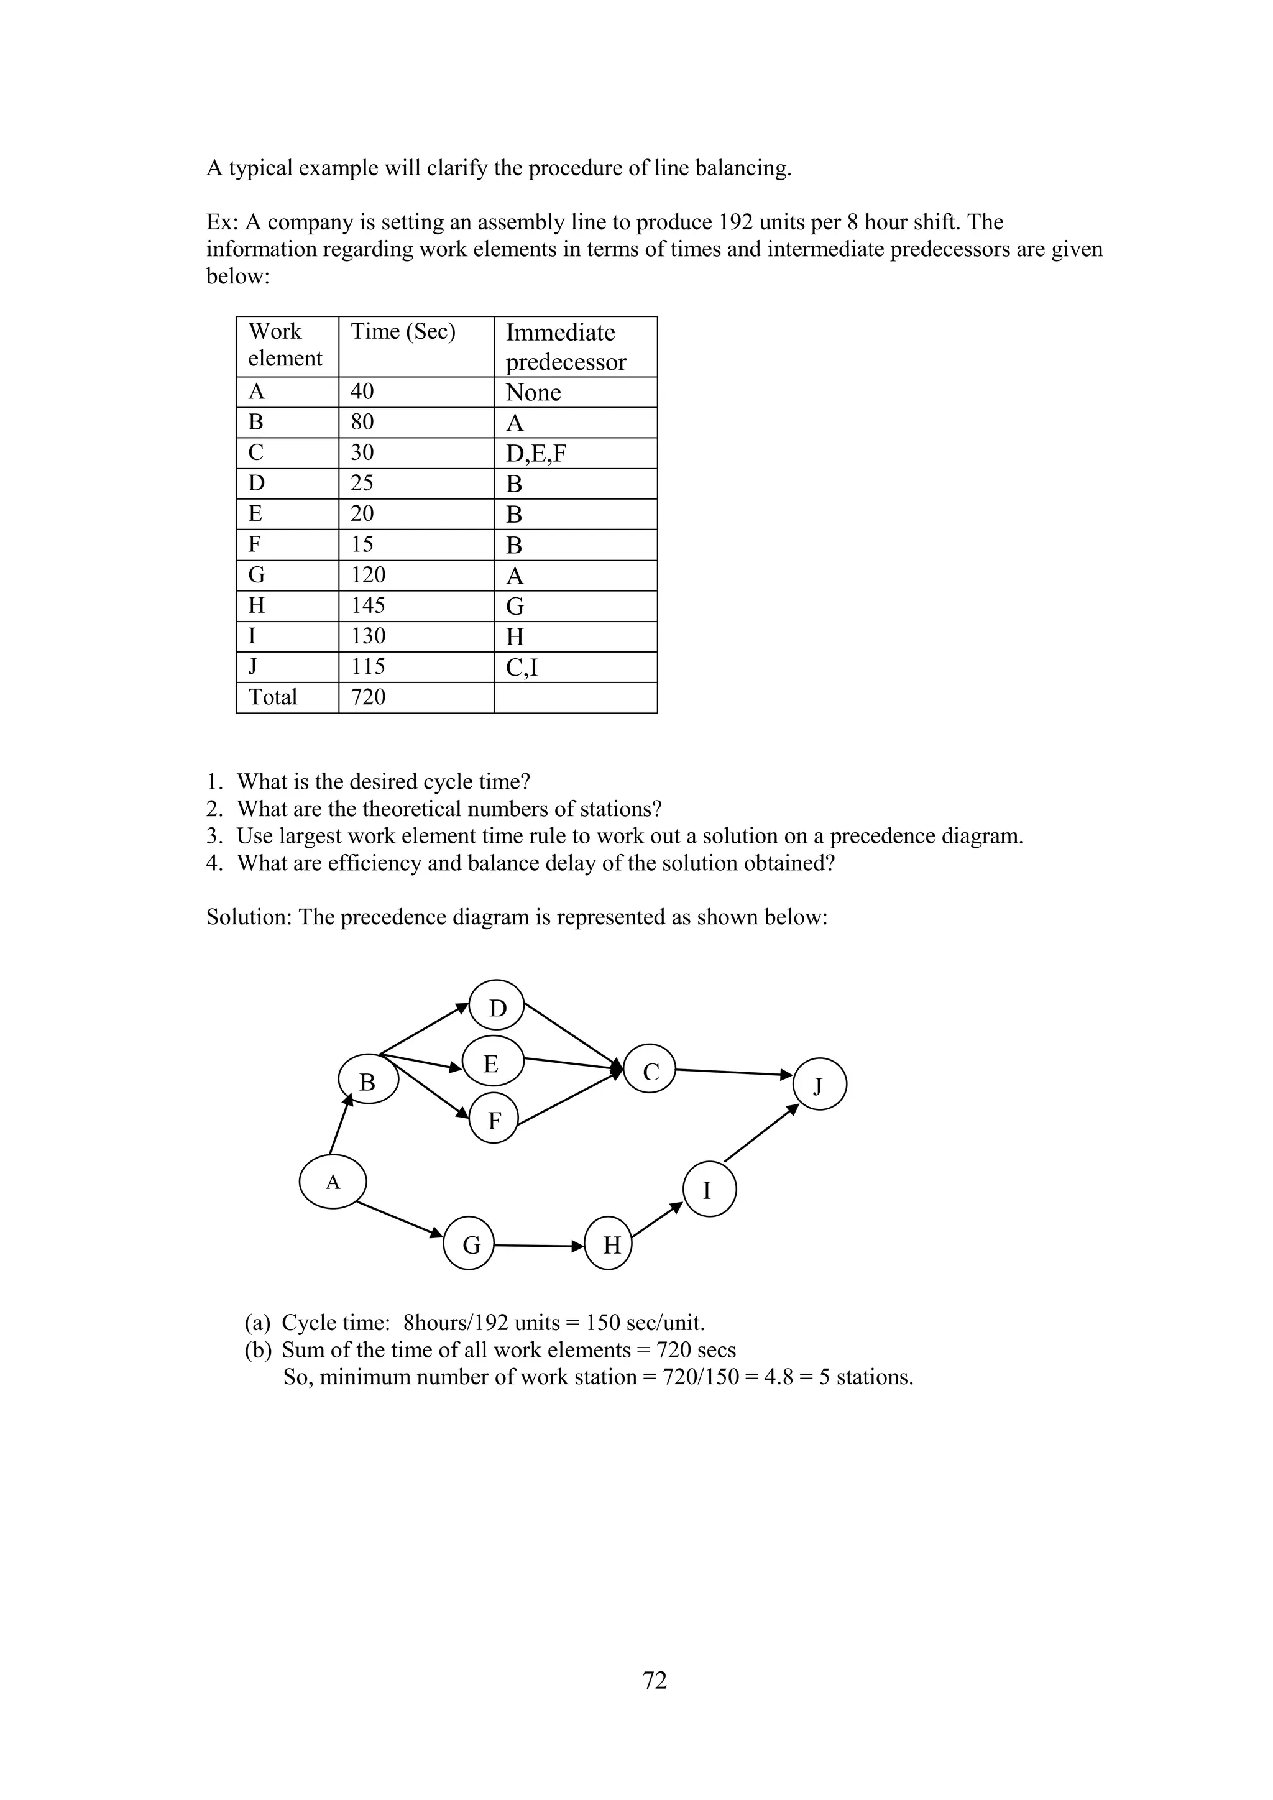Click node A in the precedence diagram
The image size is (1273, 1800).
click(x=333, y=1182)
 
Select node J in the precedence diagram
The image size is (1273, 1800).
click(x=819, y=1086)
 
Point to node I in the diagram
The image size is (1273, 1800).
click(x=709, y=1190)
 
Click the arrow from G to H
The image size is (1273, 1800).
click(x=540, y=1245)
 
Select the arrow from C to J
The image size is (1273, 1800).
click(x=733, y=1072)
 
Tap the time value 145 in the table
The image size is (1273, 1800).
click(x=369, y=605)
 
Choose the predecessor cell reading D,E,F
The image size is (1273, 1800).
click(x=536, y=453)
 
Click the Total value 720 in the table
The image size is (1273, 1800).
click(x=369, y=697)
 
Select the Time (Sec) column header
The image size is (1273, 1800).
click(x=403, y=332)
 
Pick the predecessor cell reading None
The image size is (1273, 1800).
click(x=533, y=392)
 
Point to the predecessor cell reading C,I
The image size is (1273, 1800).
click(x=522, y=667)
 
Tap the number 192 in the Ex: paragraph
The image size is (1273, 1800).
click(x=735, y=222)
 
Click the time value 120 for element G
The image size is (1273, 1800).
click(x=369, y=575)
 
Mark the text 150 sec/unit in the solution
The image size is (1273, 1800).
click(x=645, y=1323)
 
